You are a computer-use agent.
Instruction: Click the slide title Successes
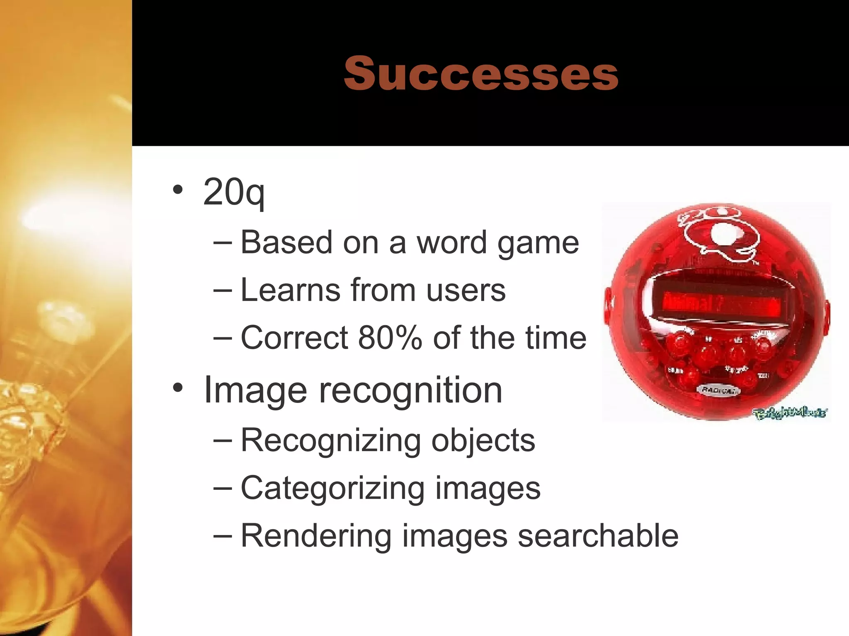[481, 73]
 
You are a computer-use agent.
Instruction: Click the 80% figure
[390, 337]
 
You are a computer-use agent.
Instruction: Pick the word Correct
[294, 337]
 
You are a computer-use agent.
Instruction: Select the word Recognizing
[331, 441]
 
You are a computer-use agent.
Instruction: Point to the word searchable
[598, 536]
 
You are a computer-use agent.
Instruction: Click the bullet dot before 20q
[178, 190]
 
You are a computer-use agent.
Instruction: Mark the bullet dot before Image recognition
[178, 388]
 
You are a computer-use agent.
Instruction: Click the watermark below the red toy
[790, 413]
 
